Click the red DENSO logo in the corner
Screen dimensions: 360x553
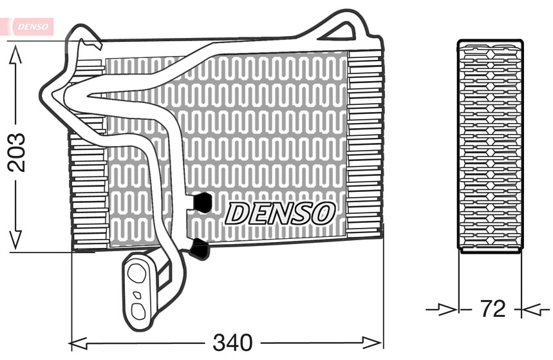point(28,26)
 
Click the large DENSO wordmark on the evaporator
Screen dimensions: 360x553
point(280,213)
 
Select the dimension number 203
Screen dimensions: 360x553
point(16,152)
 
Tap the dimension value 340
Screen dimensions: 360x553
point(233,342)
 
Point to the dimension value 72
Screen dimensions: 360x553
point(492,309)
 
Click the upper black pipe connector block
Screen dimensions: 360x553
point(203,202)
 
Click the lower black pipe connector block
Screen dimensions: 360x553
point(200,249)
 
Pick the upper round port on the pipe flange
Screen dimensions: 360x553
point(136,272)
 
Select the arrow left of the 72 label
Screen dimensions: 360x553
point(448,310)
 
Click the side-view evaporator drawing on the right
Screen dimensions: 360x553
point(490,146)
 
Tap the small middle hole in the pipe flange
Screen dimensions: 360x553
point(136,294)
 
